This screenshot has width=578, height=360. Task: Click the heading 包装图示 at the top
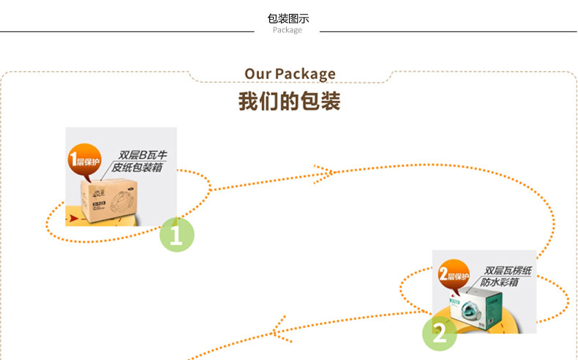(288, 18)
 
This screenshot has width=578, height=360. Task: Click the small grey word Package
(287, 31)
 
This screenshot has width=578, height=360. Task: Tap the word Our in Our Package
(258, 74)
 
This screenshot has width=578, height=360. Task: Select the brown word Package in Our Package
(305, 74)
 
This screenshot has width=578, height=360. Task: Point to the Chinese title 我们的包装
(289, 101)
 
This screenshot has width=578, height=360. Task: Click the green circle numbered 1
(176, 234)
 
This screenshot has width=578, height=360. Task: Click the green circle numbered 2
(439, 334)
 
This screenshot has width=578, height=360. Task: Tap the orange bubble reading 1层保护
(83, 160)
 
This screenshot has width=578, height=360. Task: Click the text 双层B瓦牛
(143, 155)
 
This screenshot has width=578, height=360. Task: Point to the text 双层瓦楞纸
(507, 270)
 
